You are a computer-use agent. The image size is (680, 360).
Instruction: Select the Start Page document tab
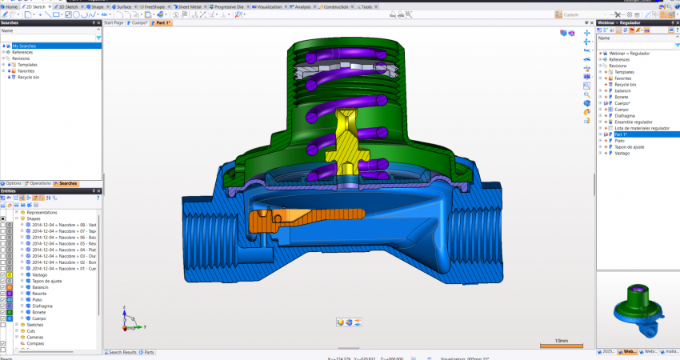click(114, 23)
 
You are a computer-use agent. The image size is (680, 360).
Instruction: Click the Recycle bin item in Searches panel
click(28, 78)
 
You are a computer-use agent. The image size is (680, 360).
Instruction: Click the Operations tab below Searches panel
click(39, 183)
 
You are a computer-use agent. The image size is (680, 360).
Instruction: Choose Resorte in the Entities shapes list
click(40, 293)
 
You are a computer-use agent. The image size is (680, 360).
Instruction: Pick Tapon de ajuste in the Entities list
click(46, 280)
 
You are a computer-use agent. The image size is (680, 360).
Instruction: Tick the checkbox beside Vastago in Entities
click(3, 274)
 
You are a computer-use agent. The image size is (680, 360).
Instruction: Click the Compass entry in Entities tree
click(37, 343)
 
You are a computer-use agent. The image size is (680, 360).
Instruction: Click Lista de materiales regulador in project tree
click(642, 128)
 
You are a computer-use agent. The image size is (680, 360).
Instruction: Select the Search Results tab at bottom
click(122, 352)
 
